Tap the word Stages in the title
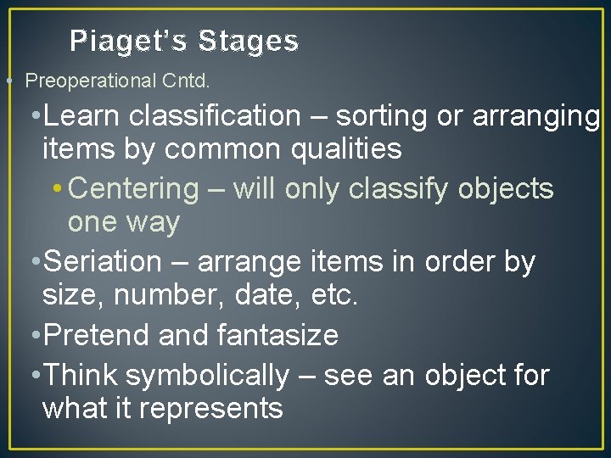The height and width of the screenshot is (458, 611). (x=249, y=41)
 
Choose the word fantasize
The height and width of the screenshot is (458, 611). (x=277, y=335)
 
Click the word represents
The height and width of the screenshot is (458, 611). (x=210, y=408)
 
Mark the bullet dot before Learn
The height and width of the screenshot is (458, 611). (x=33, y=116)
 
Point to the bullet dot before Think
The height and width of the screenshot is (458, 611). (x=33, y=375)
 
